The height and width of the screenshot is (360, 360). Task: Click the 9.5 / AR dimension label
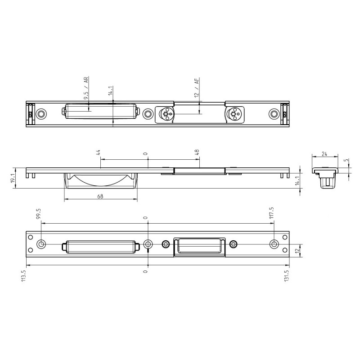(x=86, y=88)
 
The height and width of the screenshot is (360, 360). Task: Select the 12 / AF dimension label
(x=197, y=87)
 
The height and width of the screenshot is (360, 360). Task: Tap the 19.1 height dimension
(x=13, y=178)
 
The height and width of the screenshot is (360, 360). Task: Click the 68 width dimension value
(x=100, y=196)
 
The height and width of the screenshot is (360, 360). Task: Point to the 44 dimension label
(x=98, y=153)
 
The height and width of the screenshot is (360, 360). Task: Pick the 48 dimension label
(x=197, y=152)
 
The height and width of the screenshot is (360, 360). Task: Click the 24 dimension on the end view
(x=324, y=154)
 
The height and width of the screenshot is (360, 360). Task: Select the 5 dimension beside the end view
(x=346, y=160)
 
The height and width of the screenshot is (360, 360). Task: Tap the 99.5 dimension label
(x=38, y=214)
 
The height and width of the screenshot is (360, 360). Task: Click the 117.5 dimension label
(x=272, y=213)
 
